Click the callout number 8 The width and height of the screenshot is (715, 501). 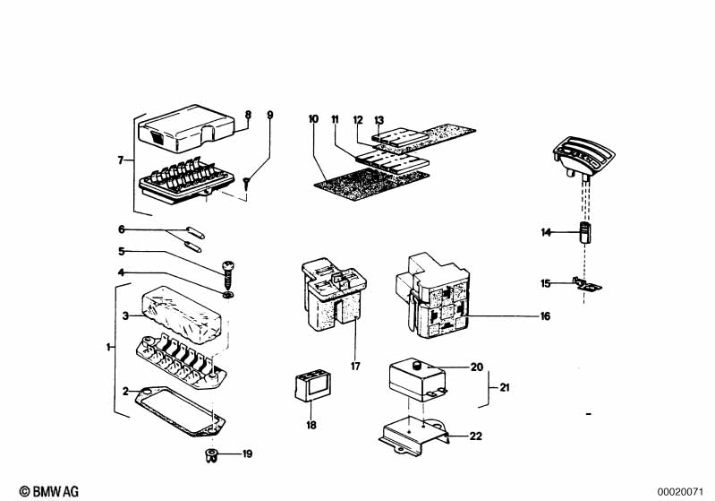click(248, 114)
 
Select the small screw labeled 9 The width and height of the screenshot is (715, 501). click(246, 183)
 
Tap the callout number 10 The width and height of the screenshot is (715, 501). click(313, 119)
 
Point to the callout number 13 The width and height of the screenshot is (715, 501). click(379, 120)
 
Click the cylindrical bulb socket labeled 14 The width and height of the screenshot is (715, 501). click(585, 232)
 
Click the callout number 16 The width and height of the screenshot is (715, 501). click(545, 316)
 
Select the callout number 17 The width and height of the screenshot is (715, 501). click(355, 366)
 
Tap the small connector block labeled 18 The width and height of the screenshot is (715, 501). click(313, 387)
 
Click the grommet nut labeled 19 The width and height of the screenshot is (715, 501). click(210, 455)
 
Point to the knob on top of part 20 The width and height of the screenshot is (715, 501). click(417, 366)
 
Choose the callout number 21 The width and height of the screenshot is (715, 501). click(505, 388)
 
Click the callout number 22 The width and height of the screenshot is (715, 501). click(475, 436)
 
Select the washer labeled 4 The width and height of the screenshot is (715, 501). click(228, 295)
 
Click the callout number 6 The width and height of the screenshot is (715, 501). click(122, 229)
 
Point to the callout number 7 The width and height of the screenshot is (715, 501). click(121, 160)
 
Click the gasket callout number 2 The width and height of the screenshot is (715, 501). click(125, 392)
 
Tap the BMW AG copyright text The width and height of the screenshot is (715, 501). click(49, 491)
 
